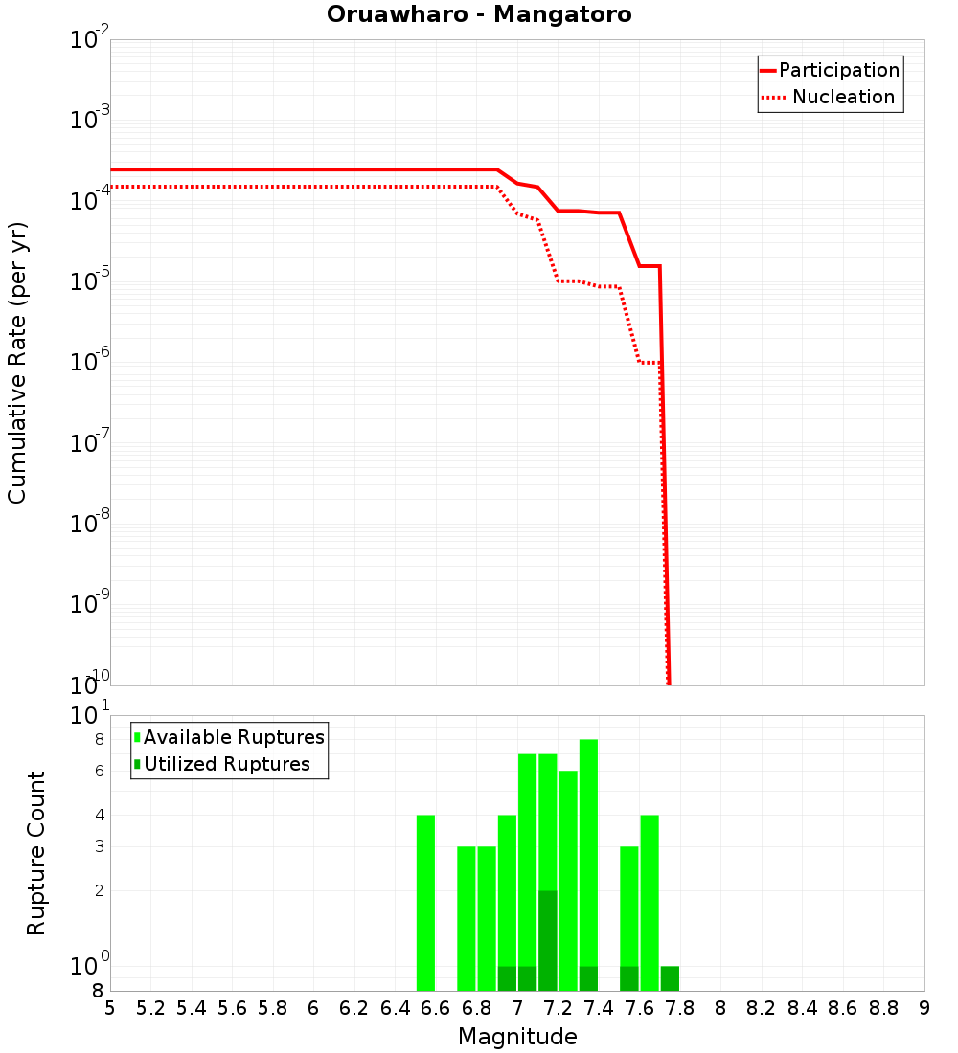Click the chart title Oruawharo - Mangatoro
tap(479, 15)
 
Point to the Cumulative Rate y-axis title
tap(17, 362)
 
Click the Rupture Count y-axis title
tap(36, 853)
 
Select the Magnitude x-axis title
tap(517, 1037)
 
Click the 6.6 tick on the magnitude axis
tap(435, 1008)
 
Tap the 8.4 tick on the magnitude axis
tap(802, 1008)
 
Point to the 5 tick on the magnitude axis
tap(110, 1008)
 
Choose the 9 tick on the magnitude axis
tap(924, 1008)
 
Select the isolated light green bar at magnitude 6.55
tap(425, 902)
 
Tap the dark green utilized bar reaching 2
tap(548, 940)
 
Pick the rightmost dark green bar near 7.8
tap(670, 978)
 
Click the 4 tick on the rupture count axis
tap(99, 815)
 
